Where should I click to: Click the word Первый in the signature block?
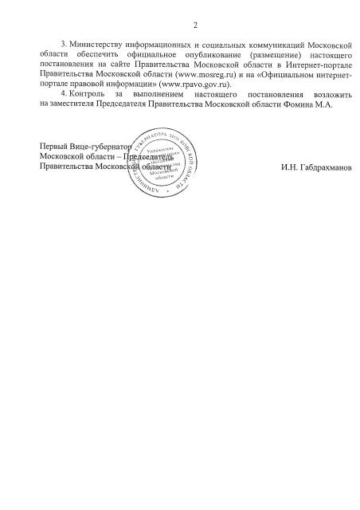pos(53,148)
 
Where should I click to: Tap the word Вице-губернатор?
pos(98,148)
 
